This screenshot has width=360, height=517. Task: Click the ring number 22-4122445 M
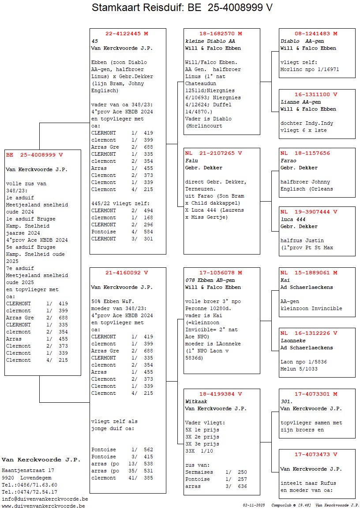[x=127, y=34]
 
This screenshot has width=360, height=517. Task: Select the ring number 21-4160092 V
[x=127, y=273]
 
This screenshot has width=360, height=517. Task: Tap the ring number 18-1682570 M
[x=221, y=34]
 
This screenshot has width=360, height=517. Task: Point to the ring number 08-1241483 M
[x=316, y=34]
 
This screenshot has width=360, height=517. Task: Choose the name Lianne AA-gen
[x=300, y=101]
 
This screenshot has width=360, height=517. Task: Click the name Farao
[x=289, y=161]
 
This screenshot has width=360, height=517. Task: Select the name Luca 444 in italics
[x=293, y=219]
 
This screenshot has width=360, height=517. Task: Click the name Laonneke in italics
[x=294, y=341]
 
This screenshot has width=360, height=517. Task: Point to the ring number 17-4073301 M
[x=316, y=394]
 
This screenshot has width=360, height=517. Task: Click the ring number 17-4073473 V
[x=316, y=454]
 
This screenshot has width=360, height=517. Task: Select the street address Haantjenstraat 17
[x=28, y=471]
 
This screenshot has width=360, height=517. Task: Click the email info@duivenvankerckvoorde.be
[x=45, y=499]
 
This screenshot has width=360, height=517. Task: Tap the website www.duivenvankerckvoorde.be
[x=43, y=506]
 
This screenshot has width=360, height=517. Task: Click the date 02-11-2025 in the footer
[x=254, y=505]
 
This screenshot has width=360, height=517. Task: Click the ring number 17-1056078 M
[x=221, y=273]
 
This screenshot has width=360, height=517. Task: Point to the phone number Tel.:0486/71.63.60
[x=29, y=485]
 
